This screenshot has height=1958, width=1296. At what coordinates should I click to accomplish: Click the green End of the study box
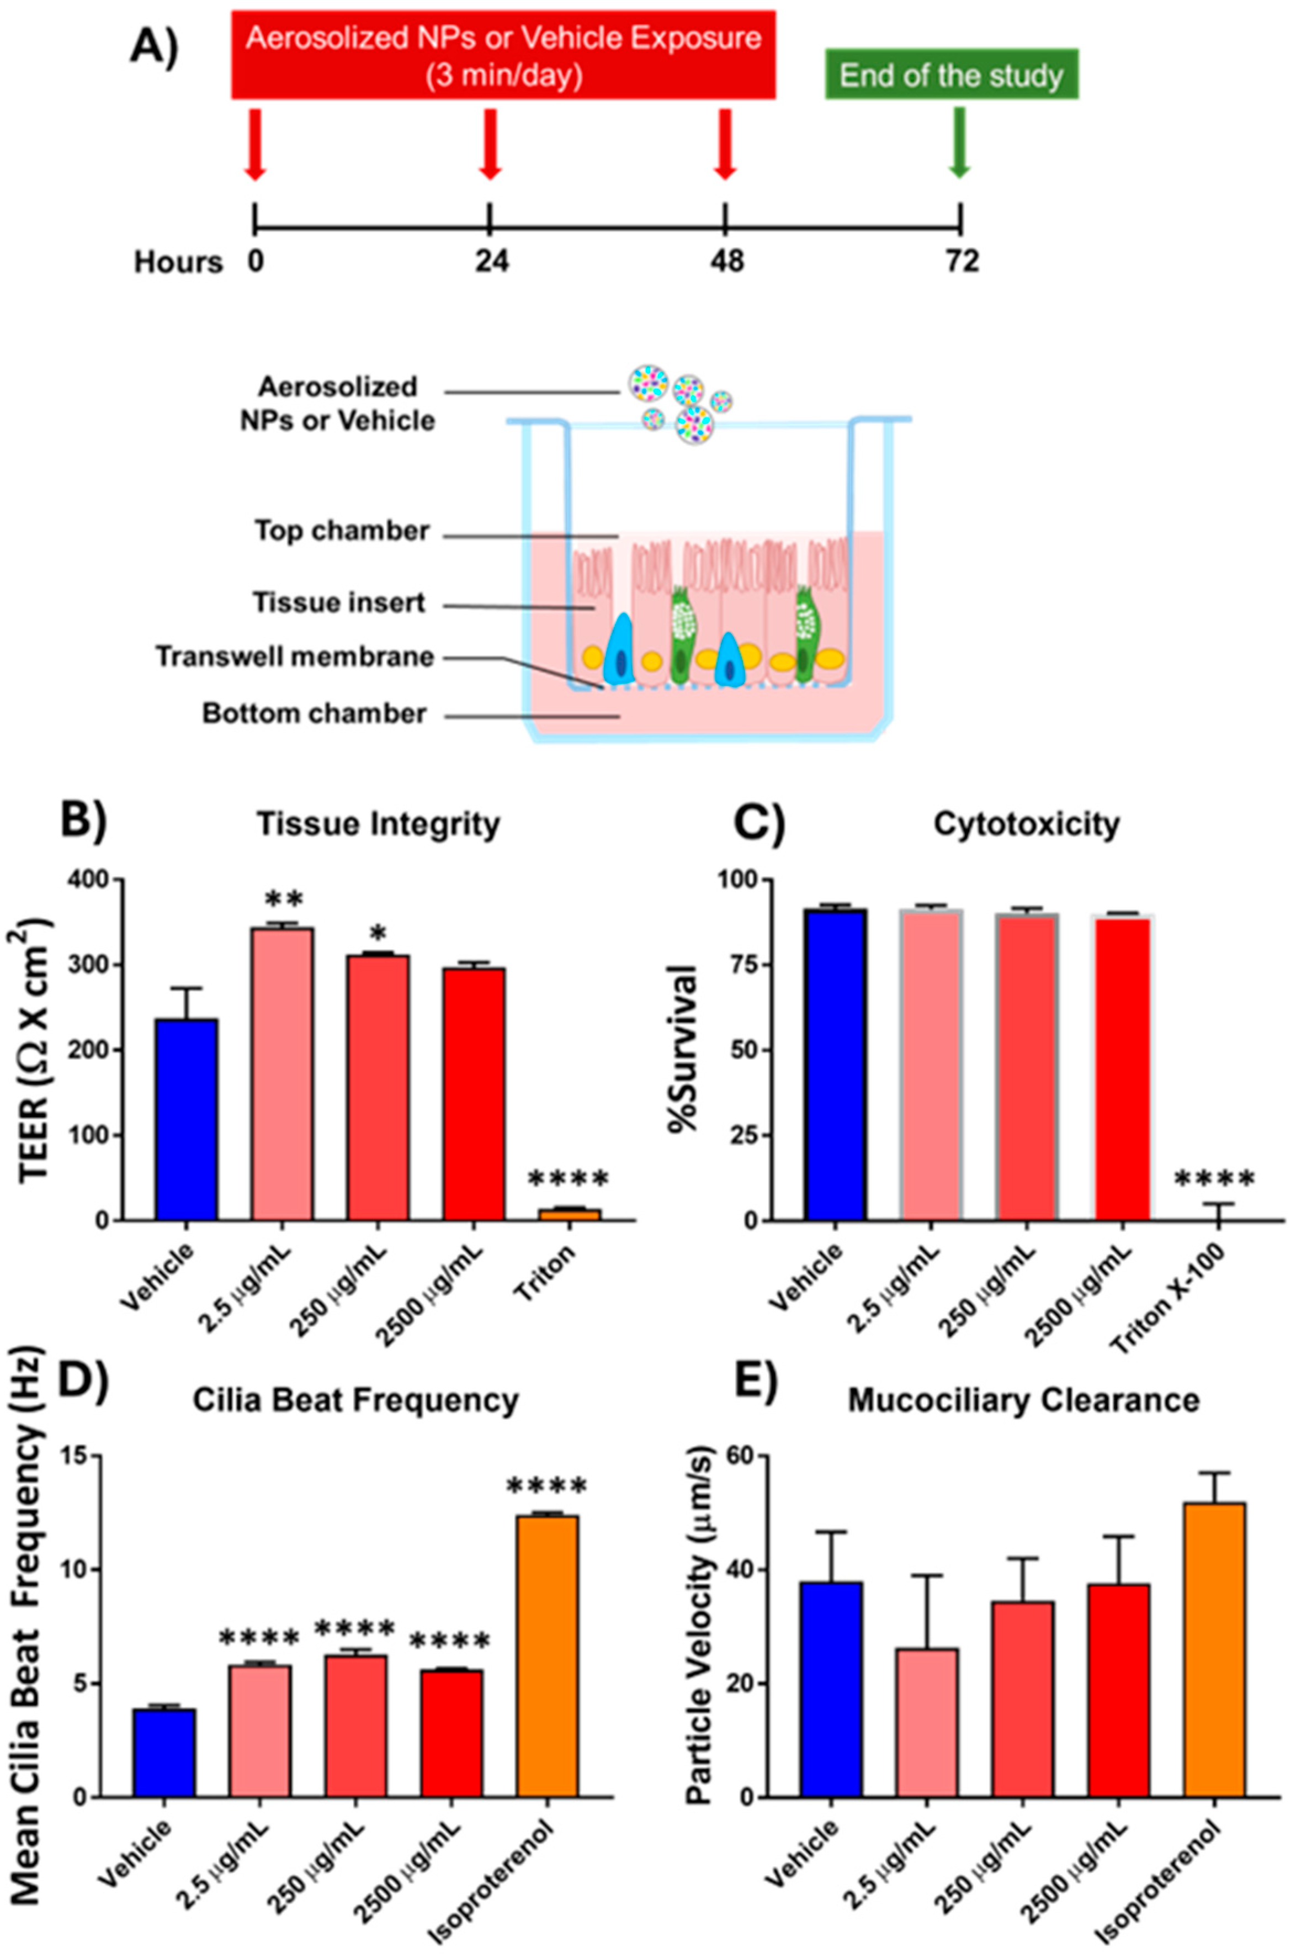pos(952,75)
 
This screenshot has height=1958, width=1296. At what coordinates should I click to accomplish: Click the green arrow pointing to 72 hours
pos(959,141)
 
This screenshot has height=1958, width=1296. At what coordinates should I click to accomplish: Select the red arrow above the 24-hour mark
pos(490,143)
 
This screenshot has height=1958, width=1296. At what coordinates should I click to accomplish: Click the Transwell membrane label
pos(295,657)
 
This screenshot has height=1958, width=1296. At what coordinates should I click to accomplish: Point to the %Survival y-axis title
pos(686,1050)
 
